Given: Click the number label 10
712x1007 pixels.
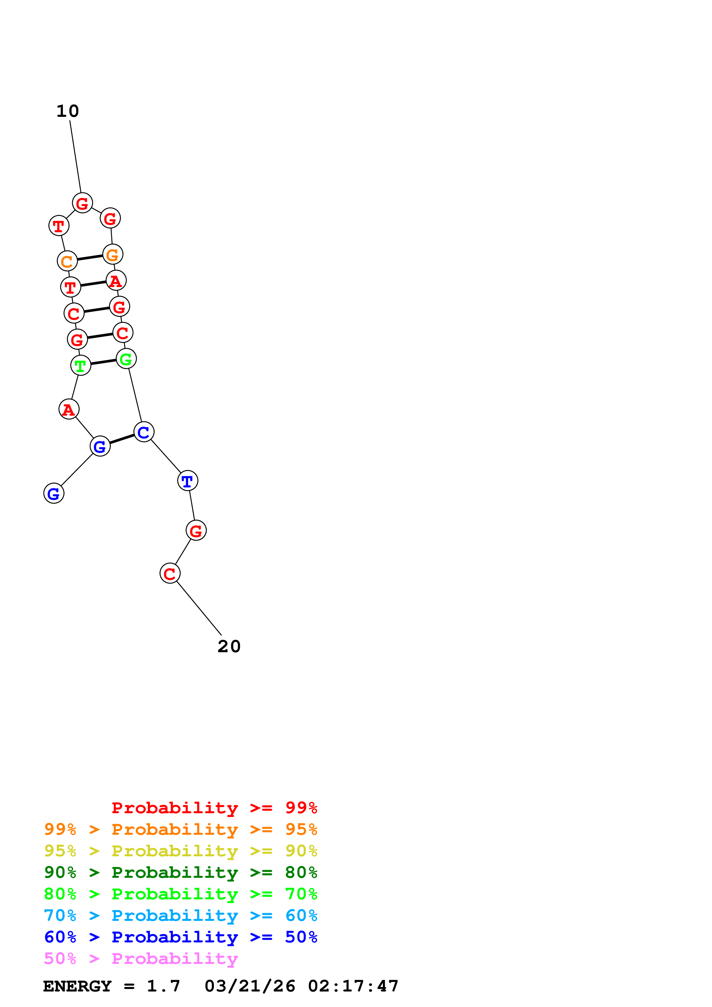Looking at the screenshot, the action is tap(67, 111).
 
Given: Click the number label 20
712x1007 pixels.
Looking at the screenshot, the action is tap(229, 646).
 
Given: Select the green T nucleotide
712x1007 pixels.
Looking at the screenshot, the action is tap(81, 365).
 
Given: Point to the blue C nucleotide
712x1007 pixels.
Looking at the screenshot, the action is tap(144, 432).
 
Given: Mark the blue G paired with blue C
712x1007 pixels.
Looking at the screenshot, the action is tap(100, 446).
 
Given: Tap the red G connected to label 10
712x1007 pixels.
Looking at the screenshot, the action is tap(82, 203).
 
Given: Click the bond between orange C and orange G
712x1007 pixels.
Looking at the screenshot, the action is tap(90, 257).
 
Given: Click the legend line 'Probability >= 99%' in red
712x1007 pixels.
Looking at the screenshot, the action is tap(215, 807).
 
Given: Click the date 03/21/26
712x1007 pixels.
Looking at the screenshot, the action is tap(250, 986).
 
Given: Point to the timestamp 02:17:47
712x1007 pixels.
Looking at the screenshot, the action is tap(353, 986).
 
